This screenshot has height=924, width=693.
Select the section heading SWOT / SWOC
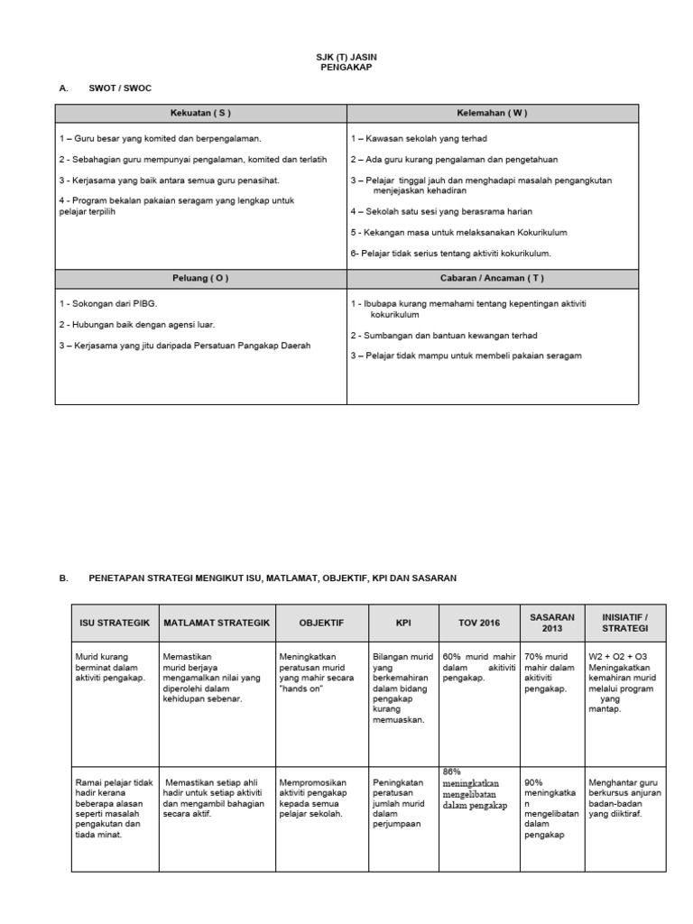[115, 88]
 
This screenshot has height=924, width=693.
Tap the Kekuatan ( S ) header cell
[200, 113]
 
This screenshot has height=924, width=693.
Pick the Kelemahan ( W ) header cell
[493, 113]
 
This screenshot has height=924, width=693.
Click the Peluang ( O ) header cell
[200, 278]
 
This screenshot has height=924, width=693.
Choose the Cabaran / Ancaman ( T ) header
[493, 278]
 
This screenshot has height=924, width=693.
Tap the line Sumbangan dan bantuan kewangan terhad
[432, 335]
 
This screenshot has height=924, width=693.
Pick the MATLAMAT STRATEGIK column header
[217, 623]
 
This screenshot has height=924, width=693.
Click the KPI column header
[402, 623]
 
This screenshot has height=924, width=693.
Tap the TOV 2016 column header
[478, 623]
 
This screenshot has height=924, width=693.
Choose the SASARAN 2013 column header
[552, 622]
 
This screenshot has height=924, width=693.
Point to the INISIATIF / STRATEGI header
[625, 622]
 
